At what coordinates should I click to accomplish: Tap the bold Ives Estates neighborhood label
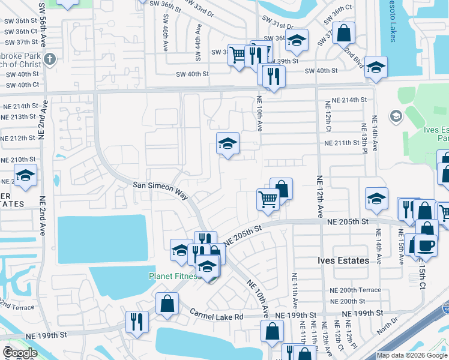(343, 260)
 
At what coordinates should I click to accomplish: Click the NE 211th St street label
(345, 143)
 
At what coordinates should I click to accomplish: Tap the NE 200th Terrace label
(355, 290)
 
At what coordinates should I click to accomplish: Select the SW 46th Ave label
(166, 35)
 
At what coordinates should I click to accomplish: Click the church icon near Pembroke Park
(50, 59)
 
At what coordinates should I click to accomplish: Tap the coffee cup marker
(426, 245)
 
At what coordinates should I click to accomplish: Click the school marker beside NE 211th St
(228, 143)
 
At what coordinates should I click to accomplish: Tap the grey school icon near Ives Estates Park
(396, 116)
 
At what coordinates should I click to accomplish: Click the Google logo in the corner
(20, 353)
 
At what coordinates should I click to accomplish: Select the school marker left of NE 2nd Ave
(25, 176)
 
